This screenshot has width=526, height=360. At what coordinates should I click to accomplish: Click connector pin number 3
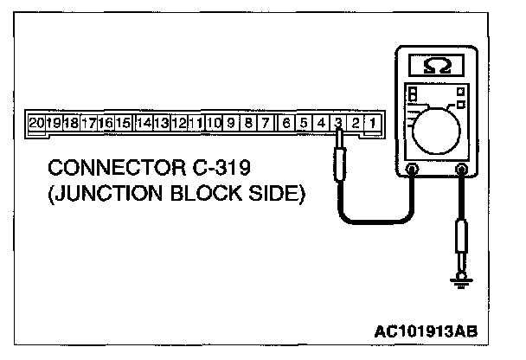point(338,123)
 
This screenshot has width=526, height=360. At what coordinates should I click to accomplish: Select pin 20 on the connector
point(35,123)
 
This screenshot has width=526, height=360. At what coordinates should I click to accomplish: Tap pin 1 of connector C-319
point(372,123)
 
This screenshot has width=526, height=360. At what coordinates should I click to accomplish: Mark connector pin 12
point(179,123)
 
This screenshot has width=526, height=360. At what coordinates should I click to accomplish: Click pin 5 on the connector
point(304,123)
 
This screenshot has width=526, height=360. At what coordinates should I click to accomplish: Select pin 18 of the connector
point(71,123)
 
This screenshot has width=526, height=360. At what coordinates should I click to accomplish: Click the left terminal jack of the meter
point(412,170)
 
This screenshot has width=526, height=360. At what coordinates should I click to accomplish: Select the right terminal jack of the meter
point(461,170)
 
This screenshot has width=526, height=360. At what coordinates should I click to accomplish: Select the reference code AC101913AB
point(427,331)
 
